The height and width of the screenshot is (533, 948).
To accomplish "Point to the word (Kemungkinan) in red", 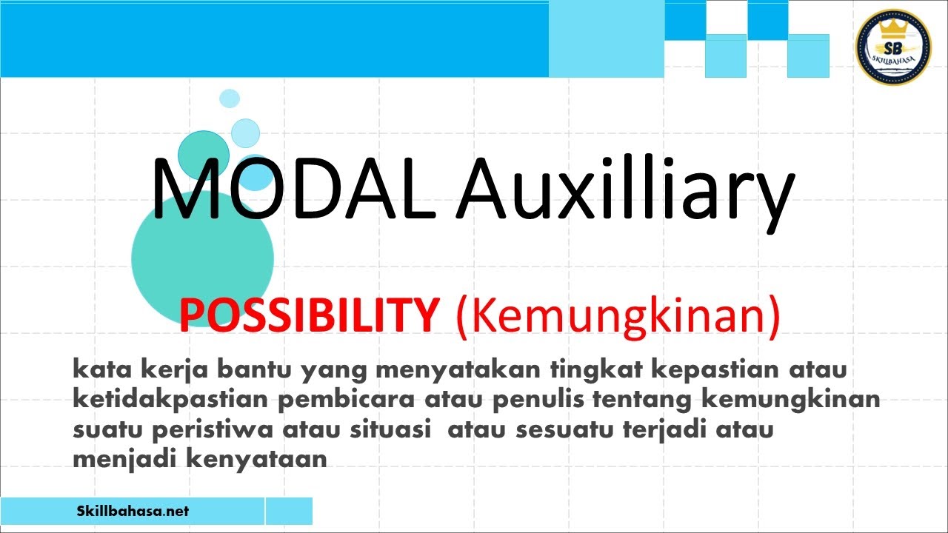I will point(618,318).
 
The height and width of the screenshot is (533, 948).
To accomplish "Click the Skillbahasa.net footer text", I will point(133,511).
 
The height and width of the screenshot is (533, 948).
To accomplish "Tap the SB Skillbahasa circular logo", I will point(892,47).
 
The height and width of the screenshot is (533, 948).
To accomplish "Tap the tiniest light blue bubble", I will point(230,98).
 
